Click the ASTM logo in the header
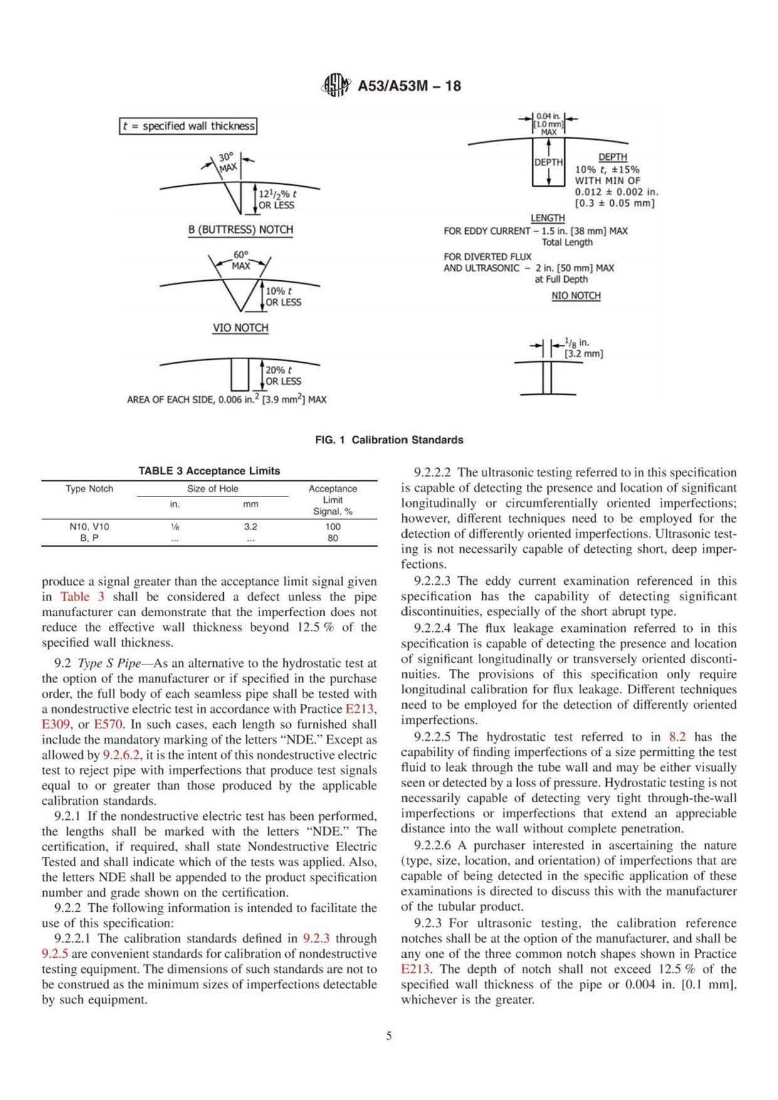click(x=335, y=86)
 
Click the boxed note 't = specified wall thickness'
click(x=188, y=126)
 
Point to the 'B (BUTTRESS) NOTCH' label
click(x=241, y=229)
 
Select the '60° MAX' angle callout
click(x=241, y=260)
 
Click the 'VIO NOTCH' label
click(x=241, y=328)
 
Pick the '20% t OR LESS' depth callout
click(x=283, y=375)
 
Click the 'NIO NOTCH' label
click(x=576, y=296)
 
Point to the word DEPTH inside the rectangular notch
click(x=549, y=162)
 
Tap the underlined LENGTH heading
click(x=547, y=218)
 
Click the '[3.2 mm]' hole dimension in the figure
click(x=584, y=354)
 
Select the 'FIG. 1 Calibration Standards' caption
click(x=389, y=440)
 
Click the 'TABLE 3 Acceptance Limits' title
click(x=209, y=471)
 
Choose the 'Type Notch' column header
click(x=89, y=489)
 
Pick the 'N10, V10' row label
click(x=89, y=526)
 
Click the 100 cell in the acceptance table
click(x=332, y=526)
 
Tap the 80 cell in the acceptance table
click(x=332, y=538)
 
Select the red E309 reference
click(x=55, y=725)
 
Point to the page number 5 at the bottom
click(x=389, y=1035)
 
